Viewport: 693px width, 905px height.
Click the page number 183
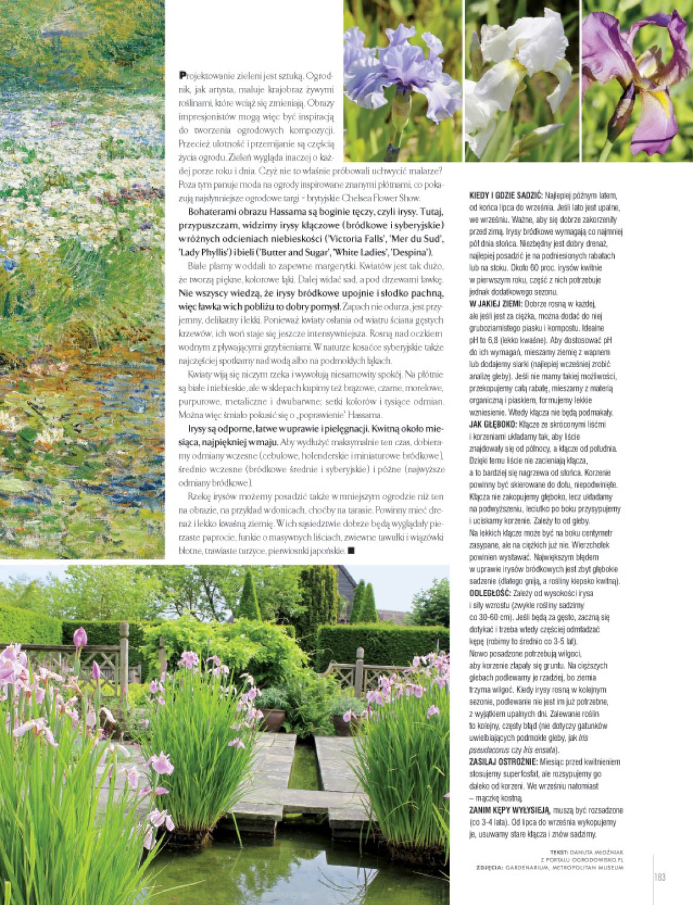[x=659, y=877]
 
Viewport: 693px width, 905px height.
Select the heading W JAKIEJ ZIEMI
[x=496, y=304]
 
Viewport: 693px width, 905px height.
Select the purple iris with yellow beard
[x=636, y=81]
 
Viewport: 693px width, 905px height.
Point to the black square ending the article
[x=352, y=550]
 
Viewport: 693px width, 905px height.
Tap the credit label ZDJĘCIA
[x=488, y=867]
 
